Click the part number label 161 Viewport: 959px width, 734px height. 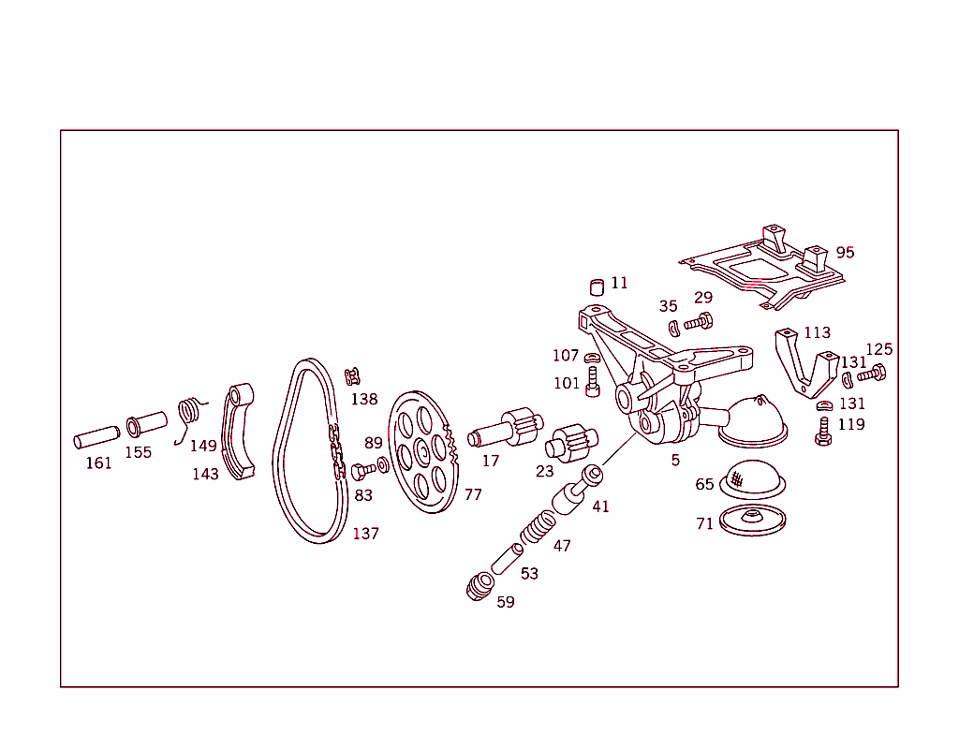point(98,462)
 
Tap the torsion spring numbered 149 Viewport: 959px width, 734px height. point(190,413)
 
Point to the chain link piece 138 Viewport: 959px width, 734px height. point(352,376)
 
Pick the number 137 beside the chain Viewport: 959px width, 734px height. point(365,534)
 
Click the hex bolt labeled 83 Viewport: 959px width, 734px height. point(362,470)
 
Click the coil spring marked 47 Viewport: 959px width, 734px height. point(538,527)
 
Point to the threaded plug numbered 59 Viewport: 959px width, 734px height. point(481,586)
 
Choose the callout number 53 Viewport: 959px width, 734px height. point(529,573)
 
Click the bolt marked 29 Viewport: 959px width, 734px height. point(699,322)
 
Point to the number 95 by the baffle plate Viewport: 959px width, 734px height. point(845,253)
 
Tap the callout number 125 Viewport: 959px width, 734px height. point(878,349)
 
